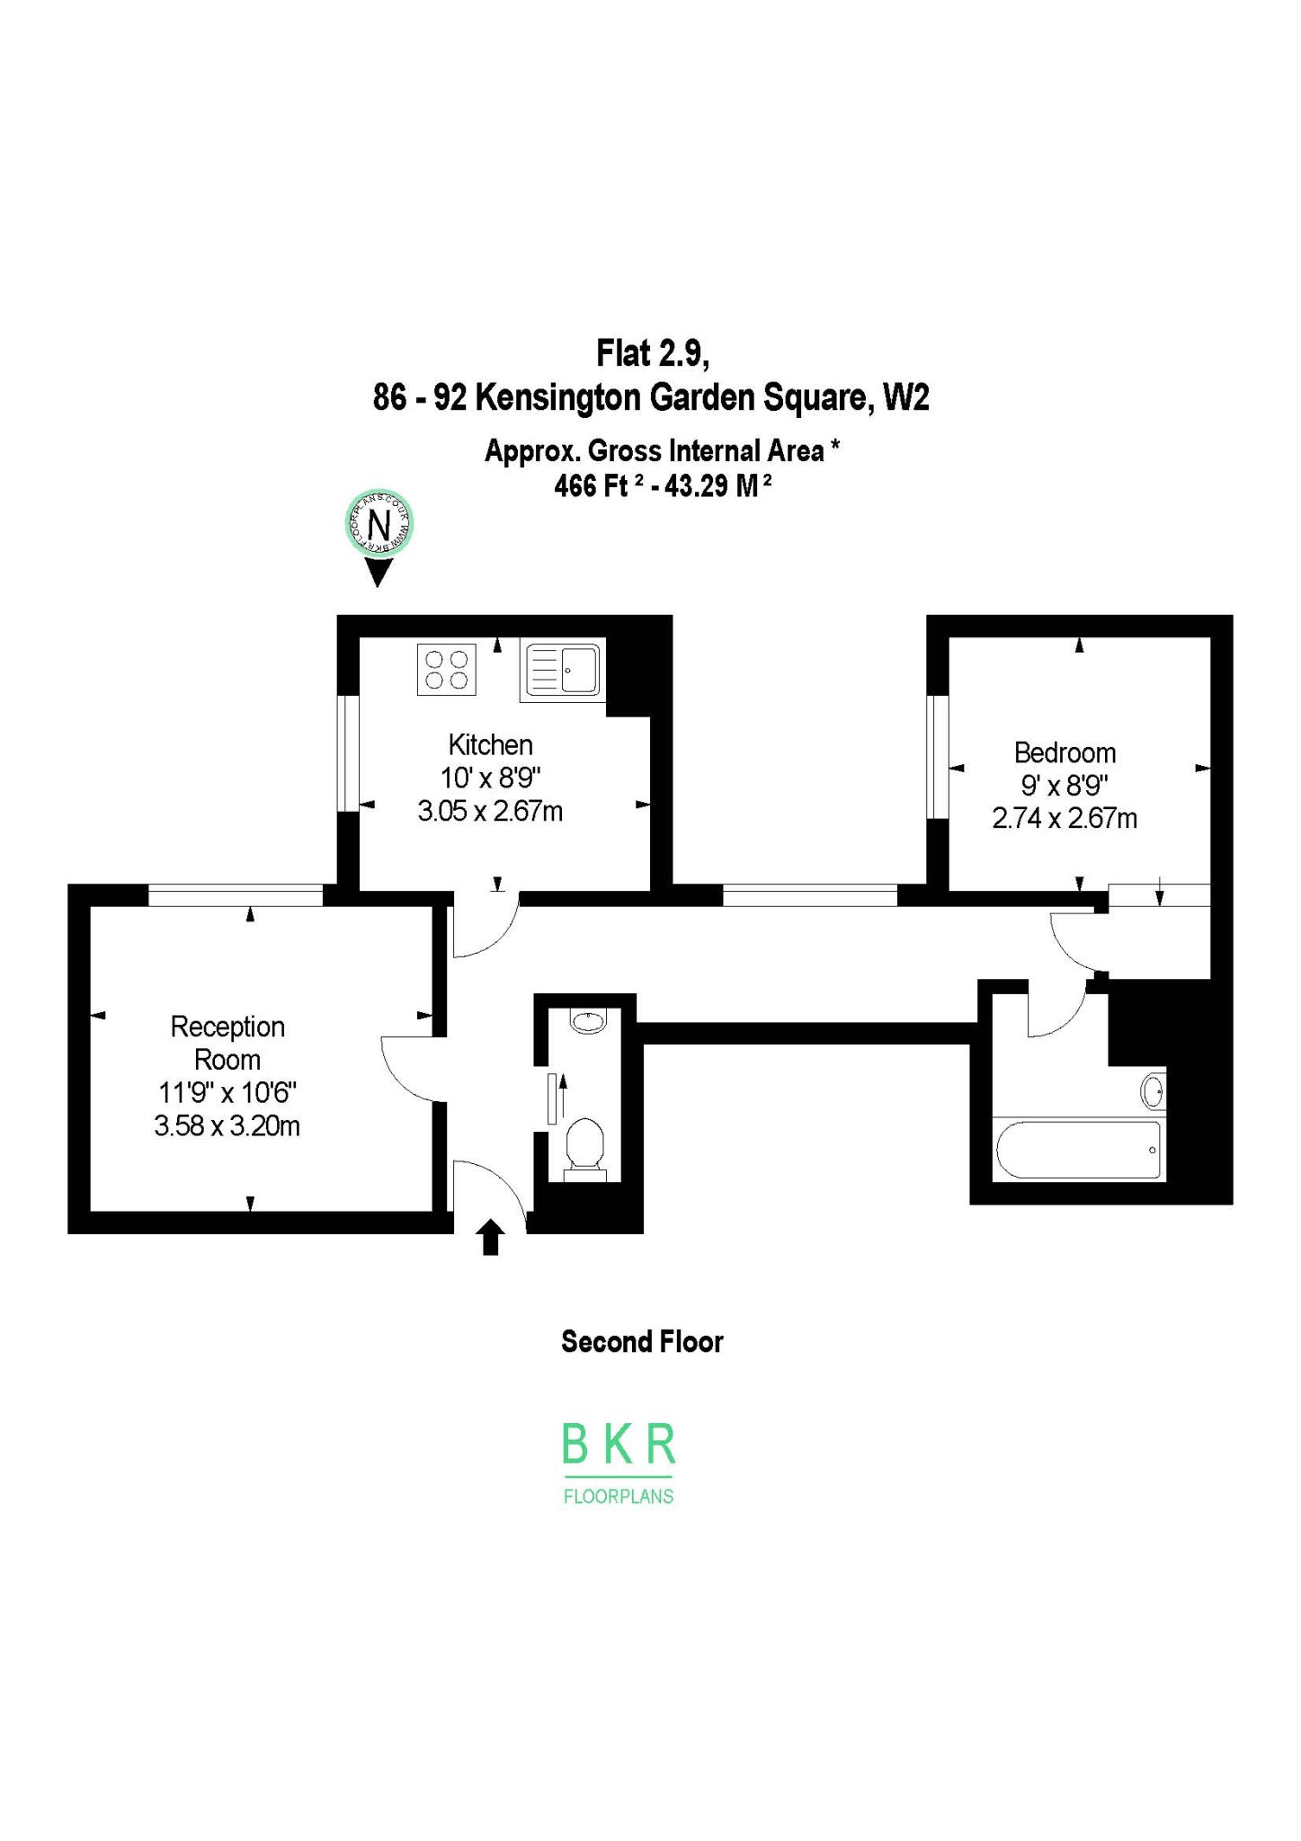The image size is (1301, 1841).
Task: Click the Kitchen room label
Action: point(490,745)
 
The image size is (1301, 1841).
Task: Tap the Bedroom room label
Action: point(1065,752)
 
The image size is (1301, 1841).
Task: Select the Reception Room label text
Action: point(227,1043)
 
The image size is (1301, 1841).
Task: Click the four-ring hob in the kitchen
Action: point(447,670)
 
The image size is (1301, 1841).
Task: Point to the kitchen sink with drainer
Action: point(563,671)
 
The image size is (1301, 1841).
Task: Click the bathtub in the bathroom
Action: point(1078,1150)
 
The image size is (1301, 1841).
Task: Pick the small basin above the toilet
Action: point(588,1021)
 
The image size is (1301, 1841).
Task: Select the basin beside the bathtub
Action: point(1154,1092)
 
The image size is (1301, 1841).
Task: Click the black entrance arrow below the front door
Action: point(491,1237)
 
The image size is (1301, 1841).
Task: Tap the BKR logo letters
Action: point(619,1444)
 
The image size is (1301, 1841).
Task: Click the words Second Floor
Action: point(642,1342)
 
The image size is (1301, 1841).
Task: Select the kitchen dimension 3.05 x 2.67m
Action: point(490,812)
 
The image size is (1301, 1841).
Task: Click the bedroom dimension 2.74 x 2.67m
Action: point(1065,819)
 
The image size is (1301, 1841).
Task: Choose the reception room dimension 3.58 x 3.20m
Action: point(227,1125)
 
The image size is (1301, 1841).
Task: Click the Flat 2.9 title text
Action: point(653,353)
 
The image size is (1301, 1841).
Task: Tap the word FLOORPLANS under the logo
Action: point(619,1497)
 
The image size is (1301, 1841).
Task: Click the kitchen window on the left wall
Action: point(348,753)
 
